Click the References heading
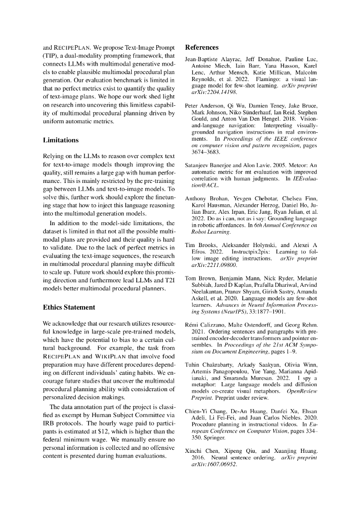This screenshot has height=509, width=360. (x=201, y=48)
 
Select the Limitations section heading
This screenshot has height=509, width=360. (x=61, y=141)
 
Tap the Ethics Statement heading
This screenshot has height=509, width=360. (x=69, y=307)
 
